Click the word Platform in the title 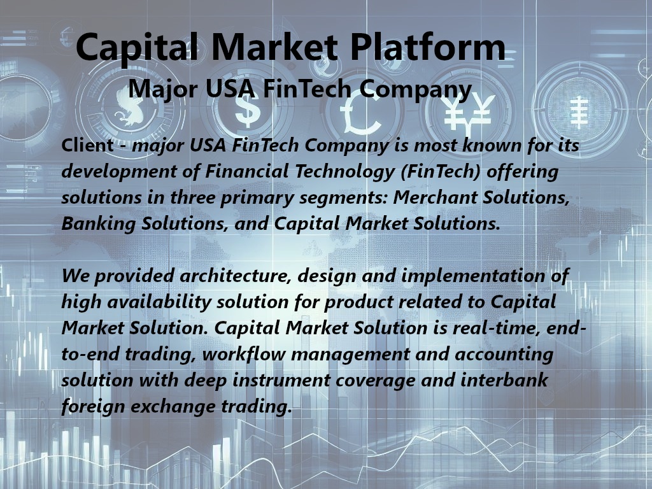pyautogui.click(x=428, y=48)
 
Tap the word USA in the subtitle pyautogui.click(x=230, y=89)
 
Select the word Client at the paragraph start pyautogui.click(x=87, y=145)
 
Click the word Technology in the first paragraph pyautogui.click(x=344, y=172)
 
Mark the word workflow pyautogui.click(x=244, y=354)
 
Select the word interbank pyautogui.click(x=504, y=380)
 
